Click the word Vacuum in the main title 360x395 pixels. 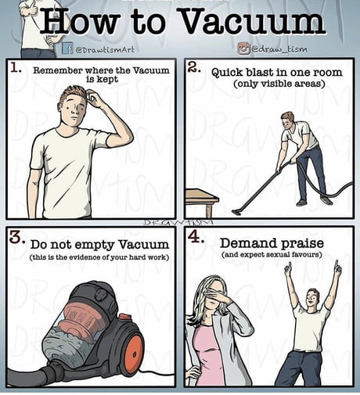pos(253,21)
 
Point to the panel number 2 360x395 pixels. pos(193,67)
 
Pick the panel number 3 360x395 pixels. pos(17,236)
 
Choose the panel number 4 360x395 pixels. pos(196,237)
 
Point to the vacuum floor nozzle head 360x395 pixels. pos(237,212)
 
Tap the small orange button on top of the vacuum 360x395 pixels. pos(125,317)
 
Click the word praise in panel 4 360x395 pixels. pos(303,244)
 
